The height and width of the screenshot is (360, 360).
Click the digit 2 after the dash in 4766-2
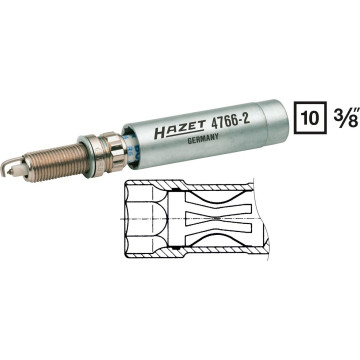tap(247, 115)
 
